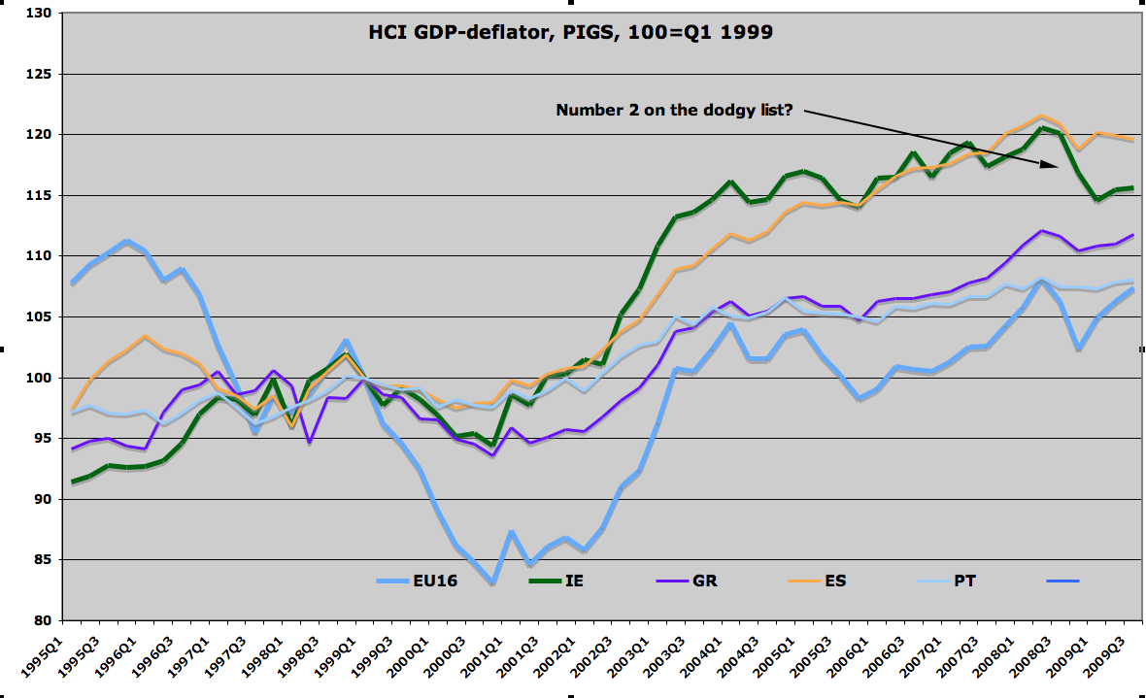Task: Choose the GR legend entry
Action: (707, 582)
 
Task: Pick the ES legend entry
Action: (833, 582)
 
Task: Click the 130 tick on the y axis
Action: (42, 14)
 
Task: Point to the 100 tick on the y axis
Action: (42, 378)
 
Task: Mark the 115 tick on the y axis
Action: (42, 195)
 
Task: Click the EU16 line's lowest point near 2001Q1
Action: (493, 583)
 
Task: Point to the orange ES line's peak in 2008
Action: (1040, 116)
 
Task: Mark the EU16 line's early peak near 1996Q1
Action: (127, 241)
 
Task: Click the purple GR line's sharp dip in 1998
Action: (309, 443)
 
